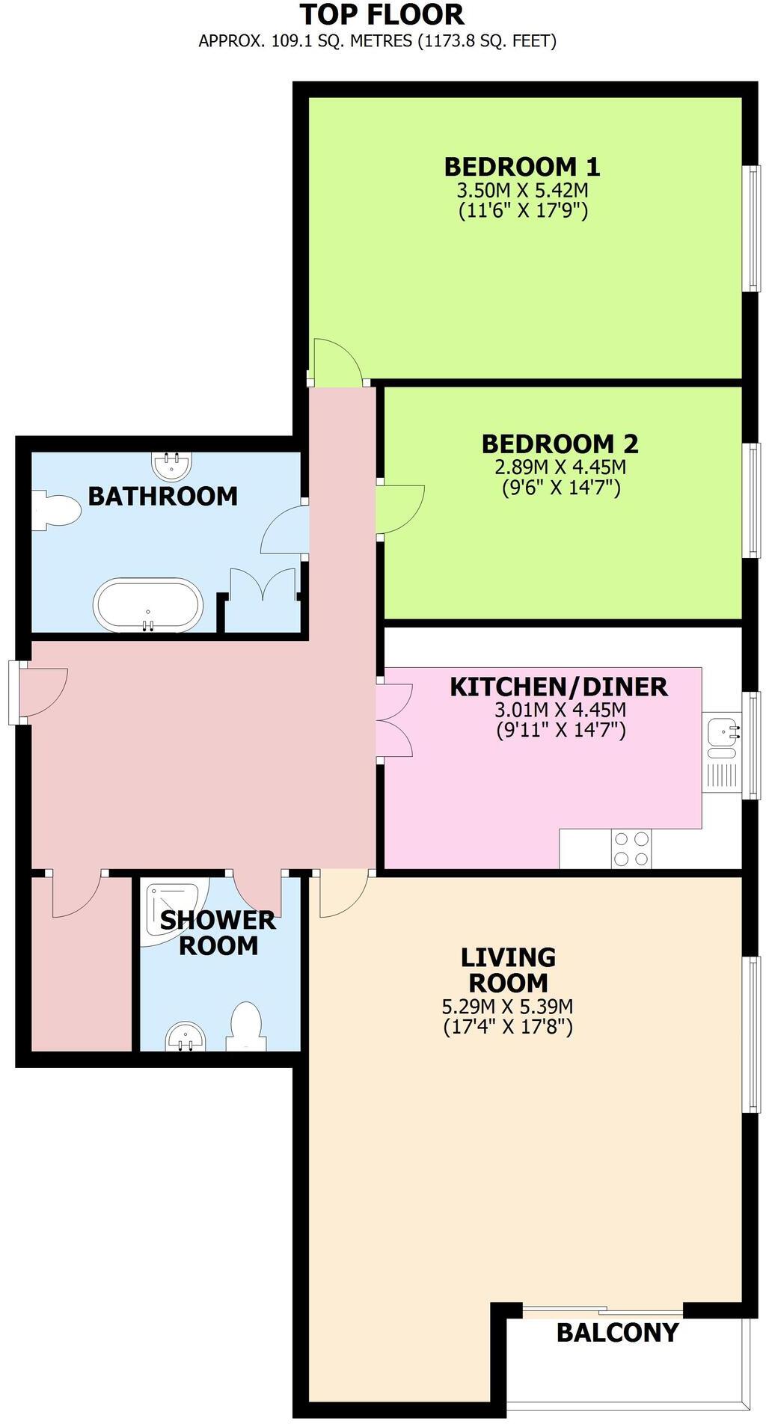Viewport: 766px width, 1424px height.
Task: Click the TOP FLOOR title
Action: [x=382, y=14]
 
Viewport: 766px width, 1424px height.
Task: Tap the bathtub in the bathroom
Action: [x=148, y=604]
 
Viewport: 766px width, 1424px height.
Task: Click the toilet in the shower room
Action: [x=246, y=1026]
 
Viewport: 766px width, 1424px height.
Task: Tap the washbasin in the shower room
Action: [x=185, y=1037]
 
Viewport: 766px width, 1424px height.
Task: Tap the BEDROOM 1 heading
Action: [x=522, y=165]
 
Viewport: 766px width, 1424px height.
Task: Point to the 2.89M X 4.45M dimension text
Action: [x=560, y=467]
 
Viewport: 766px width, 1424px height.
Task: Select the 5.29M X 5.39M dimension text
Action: [x=507, y=1006]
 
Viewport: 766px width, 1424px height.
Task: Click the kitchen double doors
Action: [x=394, y=719]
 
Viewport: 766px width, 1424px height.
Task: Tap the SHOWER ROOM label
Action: [x=218, y=933]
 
